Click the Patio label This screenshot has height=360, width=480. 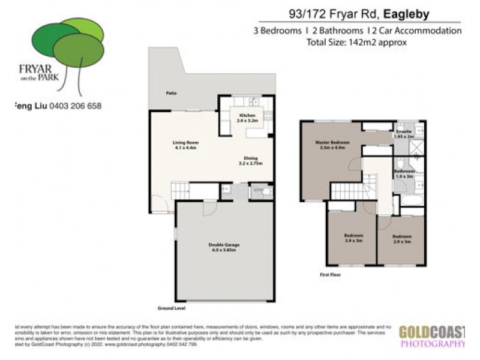pos(171,94)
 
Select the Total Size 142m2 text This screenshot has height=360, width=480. pos(356,42)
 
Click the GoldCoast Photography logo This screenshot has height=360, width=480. pos(432,337)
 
